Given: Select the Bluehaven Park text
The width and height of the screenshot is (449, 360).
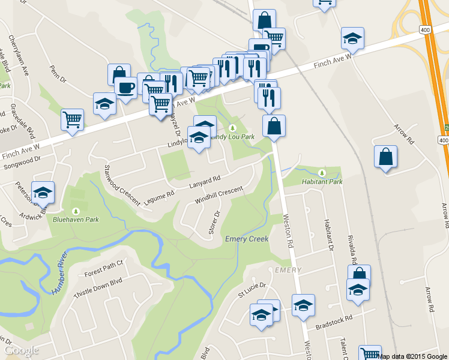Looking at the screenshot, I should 76,220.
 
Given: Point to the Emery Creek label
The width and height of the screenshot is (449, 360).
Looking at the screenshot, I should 246,239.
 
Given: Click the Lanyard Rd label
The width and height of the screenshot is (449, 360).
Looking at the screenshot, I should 205,179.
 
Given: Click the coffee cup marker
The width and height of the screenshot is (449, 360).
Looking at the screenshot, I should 125,88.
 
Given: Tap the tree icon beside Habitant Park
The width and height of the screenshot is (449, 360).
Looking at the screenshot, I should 321,172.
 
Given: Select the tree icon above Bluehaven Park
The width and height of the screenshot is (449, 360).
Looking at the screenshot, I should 76,211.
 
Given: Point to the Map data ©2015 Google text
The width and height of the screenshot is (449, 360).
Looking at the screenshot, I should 413,356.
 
